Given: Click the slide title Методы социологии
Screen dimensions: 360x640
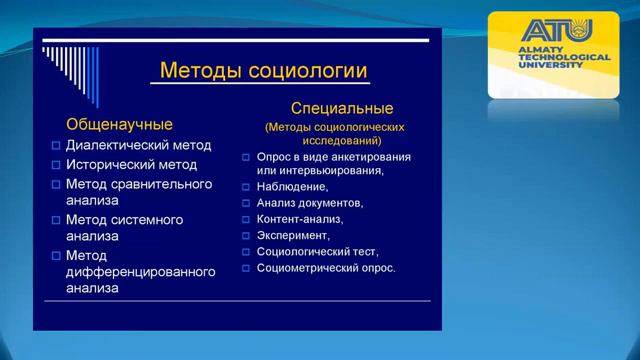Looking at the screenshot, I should coord(263,72).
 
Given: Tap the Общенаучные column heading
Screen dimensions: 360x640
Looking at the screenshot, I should coord(119,125).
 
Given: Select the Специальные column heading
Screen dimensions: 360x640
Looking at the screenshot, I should coord(341,108).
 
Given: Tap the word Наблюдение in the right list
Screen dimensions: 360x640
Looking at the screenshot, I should coord(292,186).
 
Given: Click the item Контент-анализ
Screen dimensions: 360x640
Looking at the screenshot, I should coord(299,219).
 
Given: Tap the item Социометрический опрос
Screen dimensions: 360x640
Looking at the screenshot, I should coord(326,268).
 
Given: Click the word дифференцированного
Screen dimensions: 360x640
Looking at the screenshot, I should coord(141,272).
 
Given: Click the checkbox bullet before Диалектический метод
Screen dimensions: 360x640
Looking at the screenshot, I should coord(56,146).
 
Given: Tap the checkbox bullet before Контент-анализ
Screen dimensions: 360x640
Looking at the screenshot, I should coord(246,219).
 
